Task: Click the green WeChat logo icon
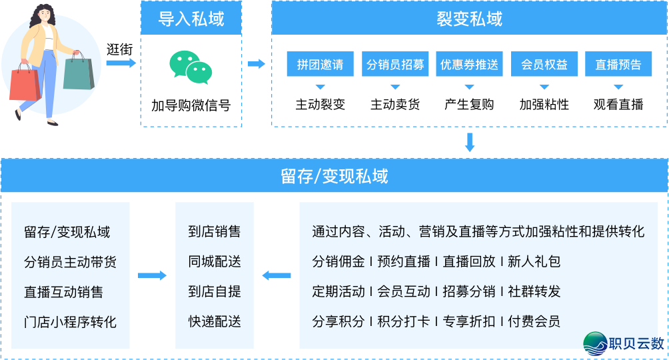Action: coord(191,67)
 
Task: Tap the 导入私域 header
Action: coord(191,19)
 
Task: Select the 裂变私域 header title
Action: coord(469,19)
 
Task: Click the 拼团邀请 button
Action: coord(320,65)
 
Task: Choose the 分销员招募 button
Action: coord(395,65)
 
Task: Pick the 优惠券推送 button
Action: coord(469,65)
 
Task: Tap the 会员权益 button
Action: coord(544,65)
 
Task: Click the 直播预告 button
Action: coord(618,65)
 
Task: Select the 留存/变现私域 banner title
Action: coord(334,176)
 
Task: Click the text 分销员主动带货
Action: coord(70,262)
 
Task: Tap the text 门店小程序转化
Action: coord(70,322)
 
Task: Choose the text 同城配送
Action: coord(215,262)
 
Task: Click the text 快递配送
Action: coord(215,322)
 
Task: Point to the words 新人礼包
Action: coord(534,262)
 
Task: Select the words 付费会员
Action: coord(534,322)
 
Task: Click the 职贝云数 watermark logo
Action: coord(624,344)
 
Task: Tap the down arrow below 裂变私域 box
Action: coord(470,142)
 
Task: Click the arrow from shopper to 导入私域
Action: coord(121,63)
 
